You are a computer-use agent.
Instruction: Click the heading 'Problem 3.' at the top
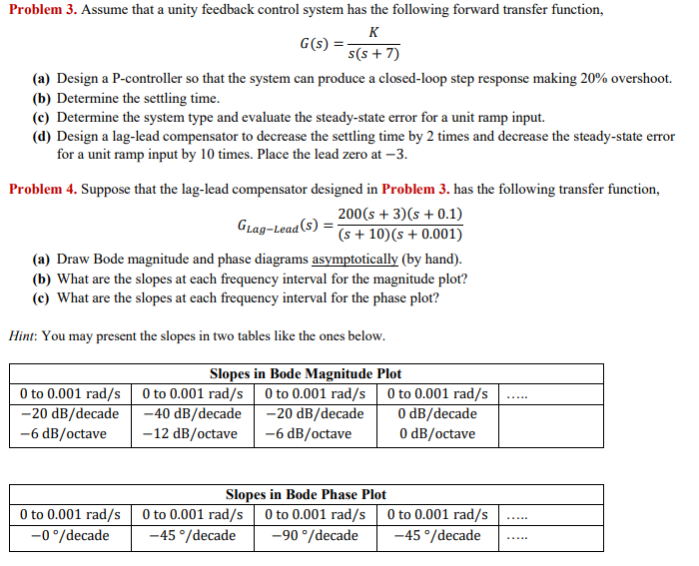tap(41, 10)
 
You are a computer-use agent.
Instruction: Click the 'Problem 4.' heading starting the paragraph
tap(41, 189)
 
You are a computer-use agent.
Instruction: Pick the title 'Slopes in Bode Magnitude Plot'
tap(306, 374)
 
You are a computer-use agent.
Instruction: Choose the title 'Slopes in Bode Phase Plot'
tap(306, 495)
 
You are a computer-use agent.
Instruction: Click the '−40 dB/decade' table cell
tap(192, 414)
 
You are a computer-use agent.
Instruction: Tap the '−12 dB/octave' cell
tap(190, 434)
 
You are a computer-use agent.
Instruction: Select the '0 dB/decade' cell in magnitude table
tap(437, 414)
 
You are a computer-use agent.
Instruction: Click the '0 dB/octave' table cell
tap(436, 434)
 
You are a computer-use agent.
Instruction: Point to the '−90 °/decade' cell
tap(315, 536)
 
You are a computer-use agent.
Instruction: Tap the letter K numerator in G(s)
tap(372, 32)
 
